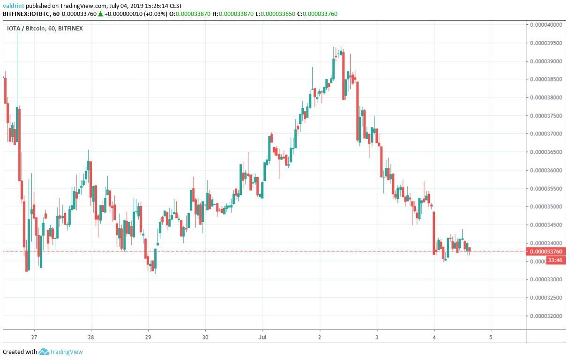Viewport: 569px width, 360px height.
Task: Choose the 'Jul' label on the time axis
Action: click(x=262, y=337)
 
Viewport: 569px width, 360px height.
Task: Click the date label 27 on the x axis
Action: click(x=34, y=337)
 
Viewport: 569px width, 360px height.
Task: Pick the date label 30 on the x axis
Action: click(x=205, y=337)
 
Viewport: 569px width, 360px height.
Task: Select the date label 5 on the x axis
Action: click(x=491, y=337)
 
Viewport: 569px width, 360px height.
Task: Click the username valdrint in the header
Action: click(x=14, y=6)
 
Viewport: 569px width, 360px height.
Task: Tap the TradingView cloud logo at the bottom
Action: click(x=44, y=352)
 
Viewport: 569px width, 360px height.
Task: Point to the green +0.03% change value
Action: click(x=155, y=14)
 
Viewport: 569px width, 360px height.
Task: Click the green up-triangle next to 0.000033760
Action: click(x=100, y=14)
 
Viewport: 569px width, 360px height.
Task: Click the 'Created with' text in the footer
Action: click(x=20, y=352)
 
